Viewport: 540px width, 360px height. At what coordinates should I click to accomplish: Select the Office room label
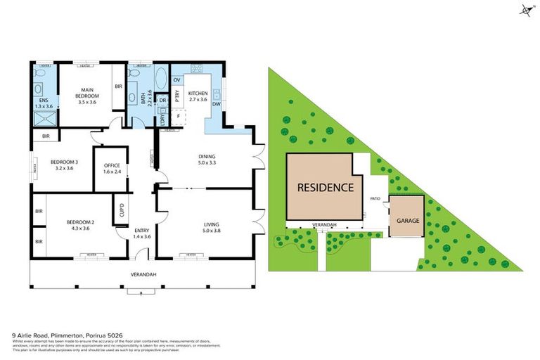112,165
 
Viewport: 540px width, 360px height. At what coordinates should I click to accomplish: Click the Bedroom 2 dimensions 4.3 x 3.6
80,228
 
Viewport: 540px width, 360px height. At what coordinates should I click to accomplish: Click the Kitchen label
198,93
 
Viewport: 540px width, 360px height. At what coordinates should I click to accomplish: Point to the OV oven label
177,80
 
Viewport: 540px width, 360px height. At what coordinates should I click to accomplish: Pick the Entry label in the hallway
142,230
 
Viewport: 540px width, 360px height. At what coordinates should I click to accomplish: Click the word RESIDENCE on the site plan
324,188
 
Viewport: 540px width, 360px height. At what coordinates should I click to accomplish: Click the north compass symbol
525,10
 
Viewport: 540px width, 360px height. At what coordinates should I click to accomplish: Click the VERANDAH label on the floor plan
143,274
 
